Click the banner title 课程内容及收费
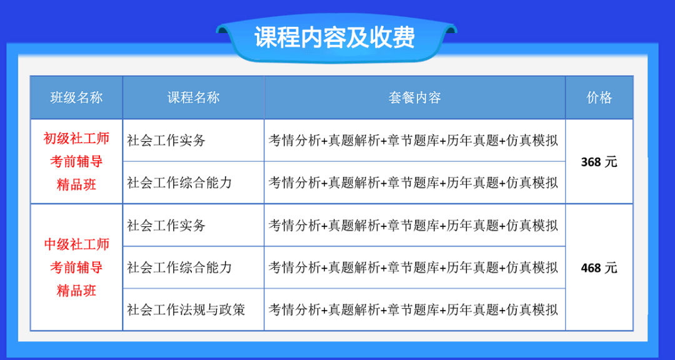(334, 38)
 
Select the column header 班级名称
(77, 97)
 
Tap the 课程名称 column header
(193, 97)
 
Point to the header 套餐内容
(414, 97)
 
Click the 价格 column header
(599, 97)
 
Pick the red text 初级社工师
(77, 138)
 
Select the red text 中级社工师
(77, 244)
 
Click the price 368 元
(599, 162)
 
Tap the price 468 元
(599, 268)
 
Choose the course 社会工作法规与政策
(186, 309)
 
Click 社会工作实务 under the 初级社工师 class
(166, 141)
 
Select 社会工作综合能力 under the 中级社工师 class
(179, 267)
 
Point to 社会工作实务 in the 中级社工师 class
(166, 225)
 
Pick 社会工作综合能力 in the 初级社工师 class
(179, 182)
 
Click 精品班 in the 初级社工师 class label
(77, 185)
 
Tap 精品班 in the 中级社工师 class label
(77, 291)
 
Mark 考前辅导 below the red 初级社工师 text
(77, 161)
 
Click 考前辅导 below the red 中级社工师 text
(77, 267)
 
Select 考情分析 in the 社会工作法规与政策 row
(295, 309)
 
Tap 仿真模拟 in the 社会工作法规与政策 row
(532, 309)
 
